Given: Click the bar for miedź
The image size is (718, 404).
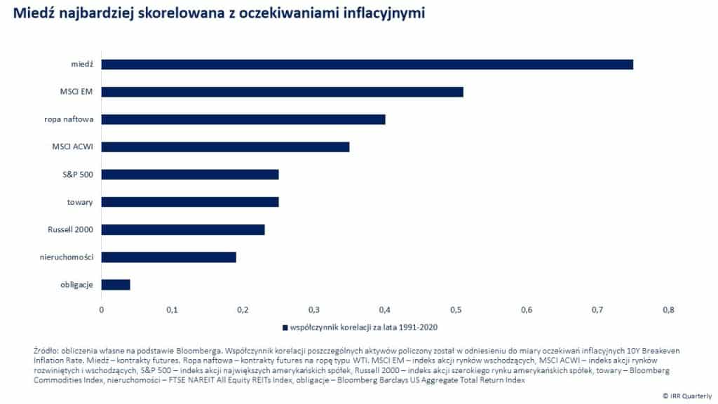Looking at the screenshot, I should click(x=367, y=65).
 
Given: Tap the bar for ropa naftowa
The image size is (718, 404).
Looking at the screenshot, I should click(x=243, y=119).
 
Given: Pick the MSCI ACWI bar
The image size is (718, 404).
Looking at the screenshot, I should click(x=225, y=147).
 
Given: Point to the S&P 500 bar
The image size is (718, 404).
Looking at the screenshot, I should click(x=190, y=174).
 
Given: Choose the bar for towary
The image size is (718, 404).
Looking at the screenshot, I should click(x=190, y=202).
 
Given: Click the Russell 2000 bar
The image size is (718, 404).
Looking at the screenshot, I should click(x=183, y=229).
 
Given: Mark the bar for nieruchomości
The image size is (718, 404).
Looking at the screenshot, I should click(x=169, y=257).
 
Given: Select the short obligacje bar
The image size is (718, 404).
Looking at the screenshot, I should click(x=116, y=284).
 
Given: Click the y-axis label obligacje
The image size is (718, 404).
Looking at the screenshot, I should click(x=77, y=284).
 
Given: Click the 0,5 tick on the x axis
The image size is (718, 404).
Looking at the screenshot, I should click(x=456, y=309).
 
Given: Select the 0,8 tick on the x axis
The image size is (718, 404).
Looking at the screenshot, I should click(x=668, y=309).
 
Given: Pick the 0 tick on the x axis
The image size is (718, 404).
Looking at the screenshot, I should click(x=102, y=309).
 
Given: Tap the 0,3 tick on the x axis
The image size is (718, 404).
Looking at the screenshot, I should click(x=314, y=309).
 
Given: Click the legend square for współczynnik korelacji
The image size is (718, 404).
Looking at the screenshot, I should click(x=285, y=327).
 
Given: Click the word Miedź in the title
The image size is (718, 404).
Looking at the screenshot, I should click(x=31, y=13).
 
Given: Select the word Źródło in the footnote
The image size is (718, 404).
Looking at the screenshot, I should click(x=45, y=349).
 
